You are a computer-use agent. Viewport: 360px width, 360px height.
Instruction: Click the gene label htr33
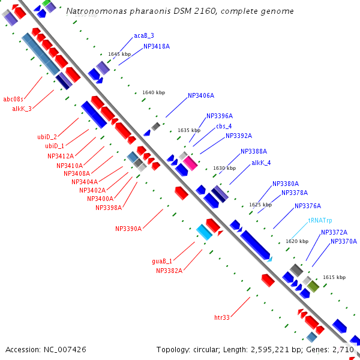coord(222,317)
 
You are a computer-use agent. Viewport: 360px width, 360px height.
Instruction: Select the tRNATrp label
coord(320,221)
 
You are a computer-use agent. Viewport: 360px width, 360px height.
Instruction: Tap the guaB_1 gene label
coord(162,261)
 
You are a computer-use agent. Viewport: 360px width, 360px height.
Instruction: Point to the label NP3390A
coord(128,229)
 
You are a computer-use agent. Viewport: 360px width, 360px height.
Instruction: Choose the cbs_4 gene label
coord(224,126)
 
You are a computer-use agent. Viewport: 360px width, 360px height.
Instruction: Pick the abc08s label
coord(13,99)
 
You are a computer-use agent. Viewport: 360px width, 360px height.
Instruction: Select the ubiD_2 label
coord(47,137)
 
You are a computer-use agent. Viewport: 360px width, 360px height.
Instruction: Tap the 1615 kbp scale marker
coord(334,277)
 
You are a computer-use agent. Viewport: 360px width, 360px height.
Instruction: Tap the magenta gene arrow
coord(190,163)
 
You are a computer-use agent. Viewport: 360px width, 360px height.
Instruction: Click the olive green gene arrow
coord(313,286)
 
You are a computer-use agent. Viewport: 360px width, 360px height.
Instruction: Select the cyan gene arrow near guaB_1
coord(204,232)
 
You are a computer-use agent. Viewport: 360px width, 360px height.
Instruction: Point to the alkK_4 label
coord(261,163)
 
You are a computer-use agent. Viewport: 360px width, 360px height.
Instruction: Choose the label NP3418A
coord(157,46)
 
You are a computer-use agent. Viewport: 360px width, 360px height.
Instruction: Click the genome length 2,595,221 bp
coord(278,349)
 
